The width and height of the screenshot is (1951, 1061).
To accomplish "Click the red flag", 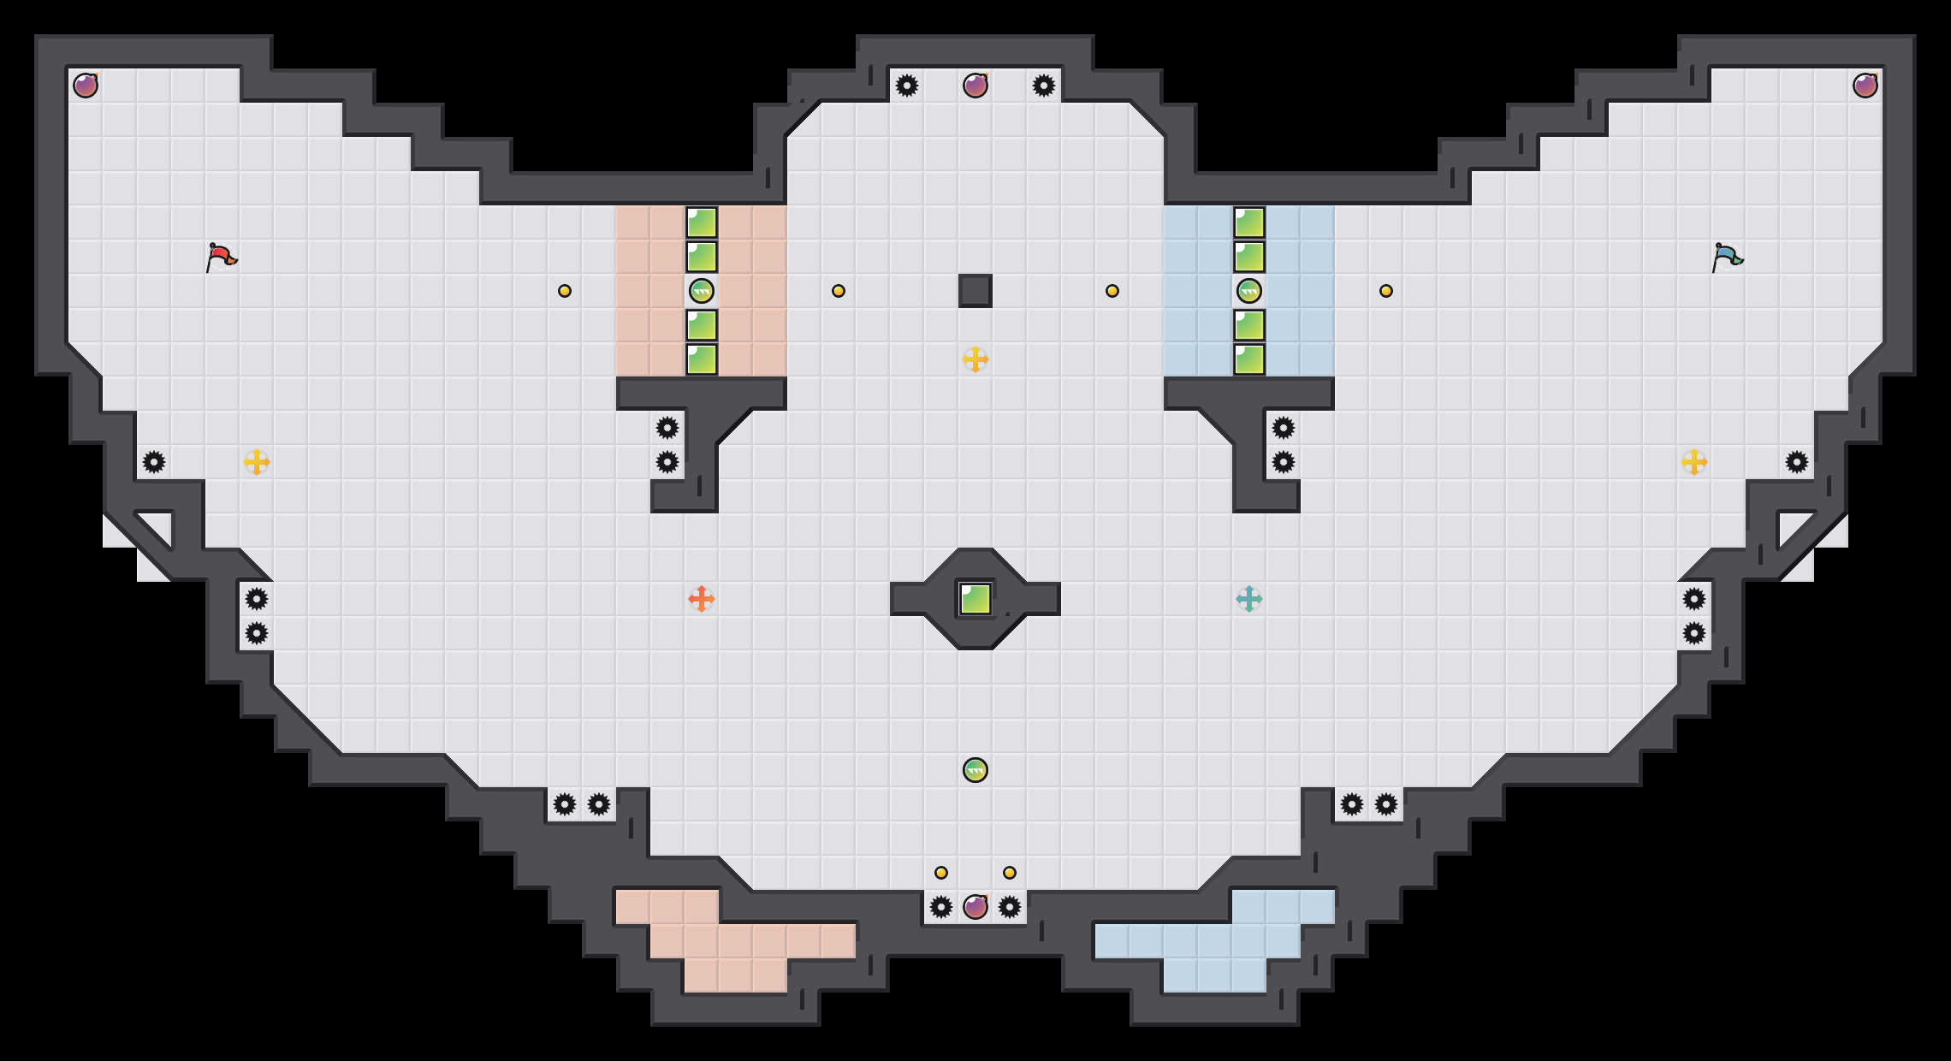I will pos(222,256).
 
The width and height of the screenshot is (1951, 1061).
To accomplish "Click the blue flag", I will pos(1727,256).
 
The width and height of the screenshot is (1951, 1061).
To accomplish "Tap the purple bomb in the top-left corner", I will pos(86,86).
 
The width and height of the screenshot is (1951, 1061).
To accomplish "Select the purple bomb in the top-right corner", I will pos(1865,86).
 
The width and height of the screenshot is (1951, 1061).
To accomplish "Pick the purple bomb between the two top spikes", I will pos(976,86).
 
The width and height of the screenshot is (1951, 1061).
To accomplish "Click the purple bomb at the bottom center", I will pos(976,907).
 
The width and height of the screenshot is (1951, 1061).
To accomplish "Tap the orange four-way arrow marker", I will pos(702,599).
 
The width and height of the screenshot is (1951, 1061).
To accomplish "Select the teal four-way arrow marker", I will pos(1249,599).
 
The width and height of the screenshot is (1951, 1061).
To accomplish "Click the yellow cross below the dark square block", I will pos(976,359).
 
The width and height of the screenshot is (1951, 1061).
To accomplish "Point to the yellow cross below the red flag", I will pos(257,462).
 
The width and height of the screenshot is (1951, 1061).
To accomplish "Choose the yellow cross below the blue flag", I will pos(1694,462).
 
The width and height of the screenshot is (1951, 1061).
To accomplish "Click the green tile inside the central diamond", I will pos(976,599).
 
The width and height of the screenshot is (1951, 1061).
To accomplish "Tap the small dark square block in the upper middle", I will pos(976,291).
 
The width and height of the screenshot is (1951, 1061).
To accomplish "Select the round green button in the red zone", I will pos(702,291).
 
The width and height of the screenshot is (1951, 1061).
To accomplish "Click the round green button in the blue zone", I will pos(1249,291).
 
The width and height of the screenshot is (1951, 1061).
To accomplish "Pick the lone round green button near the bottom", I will pos(976,770).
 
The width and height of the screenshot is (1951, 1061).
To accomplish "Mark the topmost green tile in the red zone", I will pos(702,222).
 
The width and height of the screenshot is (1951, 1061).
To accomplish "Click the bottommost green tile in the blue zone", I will pos(1249,359).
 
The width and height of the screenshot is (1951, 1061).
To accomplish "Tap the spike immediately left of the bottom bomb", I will pos(941,907).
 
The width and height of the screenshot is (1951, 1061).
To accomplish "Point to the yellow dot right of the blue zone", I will pos(1386,291).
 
